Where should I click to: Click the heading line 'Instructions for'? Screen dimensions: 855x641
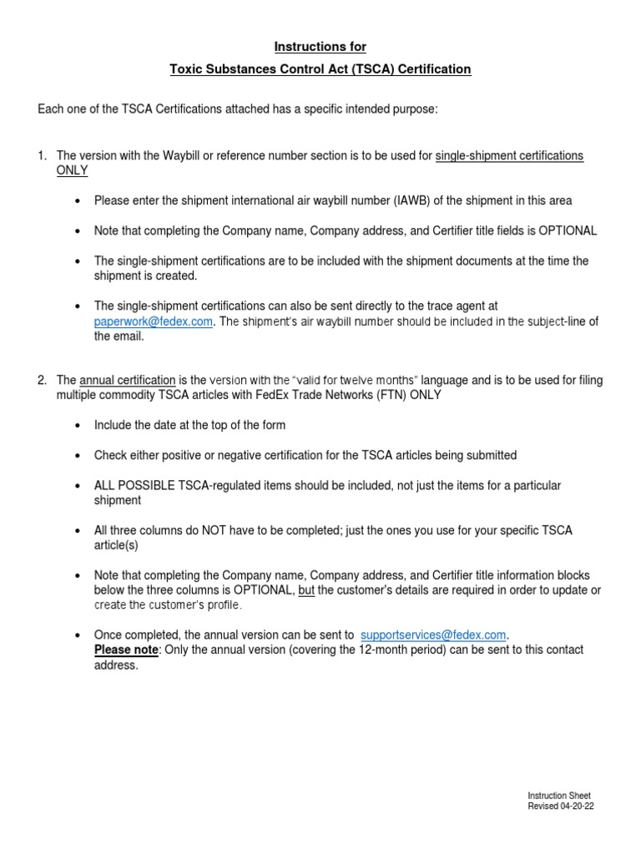pos(320,47)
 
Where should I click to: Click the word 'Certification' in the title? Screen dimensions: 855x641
pos(432,69)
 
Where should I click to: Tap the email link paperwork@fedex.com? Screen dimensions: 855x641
pos(153,321)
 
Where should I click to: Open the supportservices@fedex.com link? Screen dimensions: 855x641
pos(432,635)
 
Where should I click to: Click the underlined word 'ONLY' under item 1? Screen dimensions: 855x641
pos(72,170)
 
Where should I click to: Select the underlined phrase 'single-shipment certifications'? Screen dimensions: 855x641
pos(510,156)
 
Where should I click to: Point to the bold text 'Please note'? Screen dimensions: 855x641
pos(126,650)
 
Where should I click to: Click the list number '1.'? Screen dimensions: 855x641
pos(43,156)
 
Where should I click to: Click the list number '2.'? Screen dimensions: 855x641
pos(43,381)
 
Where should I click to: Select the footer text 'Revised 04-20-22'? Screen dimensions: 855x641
pos(560,807)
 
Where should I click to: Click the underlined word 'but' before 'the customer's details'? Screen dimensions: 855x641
pos(306,590)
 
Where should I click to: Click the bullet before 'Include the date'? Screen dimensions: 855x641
pos(78,425)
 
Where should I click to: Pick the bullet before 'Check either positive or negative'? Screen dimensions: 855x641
pos(78,455)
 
